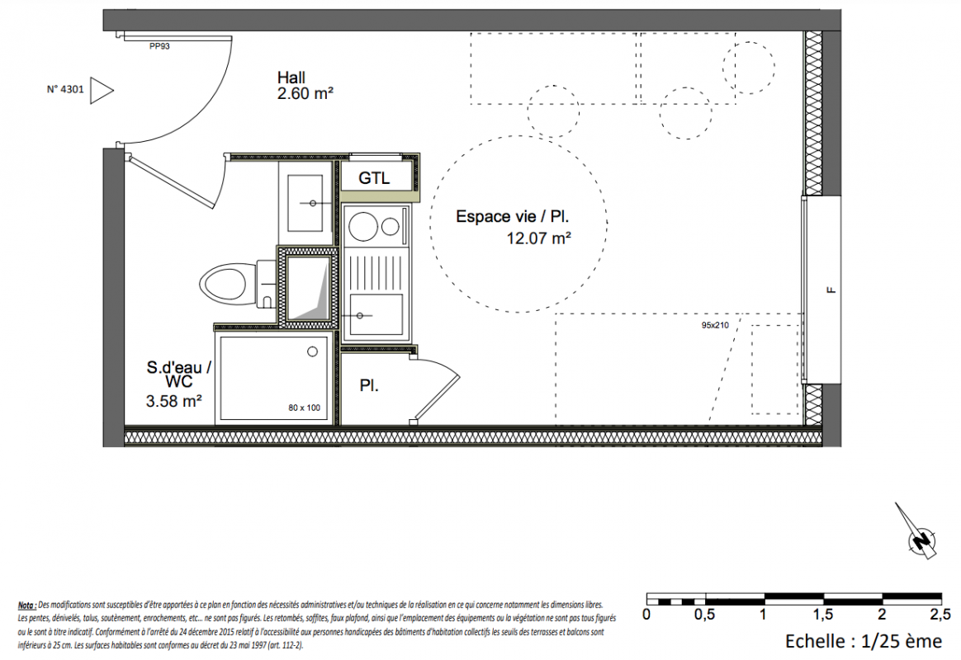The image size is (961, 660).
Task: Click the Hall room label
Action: tap(291, 78)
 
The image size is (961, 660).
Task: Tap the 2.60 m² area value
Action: tap(305, 94)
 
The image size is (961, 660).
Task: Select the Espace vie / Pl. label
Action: tap(513, 217)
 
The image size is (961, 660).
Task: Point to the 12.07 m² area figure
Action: tap(539, 238)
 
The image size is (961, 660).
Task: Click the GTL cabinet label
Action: tap(374, 178)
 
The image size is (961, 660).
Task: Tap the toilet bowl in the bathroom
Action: tap(224, 285)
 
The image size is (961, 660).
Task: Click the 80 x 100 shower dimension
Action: tap(305, 408)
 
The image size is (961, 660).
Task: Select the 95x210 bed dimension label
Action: tap(715, 325)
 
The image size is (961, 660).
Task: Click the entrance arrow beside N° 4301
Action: tap(102, 91)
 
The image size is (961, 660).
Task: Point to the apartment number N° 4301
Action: tap(65, 89)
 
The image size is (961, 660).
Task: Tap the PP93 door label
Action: tap(159, 46)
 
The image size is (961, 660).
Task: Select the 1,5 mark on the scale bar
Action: tap(823, 614)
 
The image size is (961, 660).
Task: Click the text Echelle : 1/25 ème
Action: tap(864, 641)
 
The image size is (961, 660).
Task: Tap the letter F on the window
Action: tap(831, 291)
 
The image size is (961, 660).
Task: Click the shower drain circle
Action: tap(313, 351)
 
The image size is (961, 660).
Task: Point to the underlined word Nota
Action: tap(26, 606)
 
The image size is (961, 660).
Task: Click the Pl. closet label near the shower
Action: tap(369, 386)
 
